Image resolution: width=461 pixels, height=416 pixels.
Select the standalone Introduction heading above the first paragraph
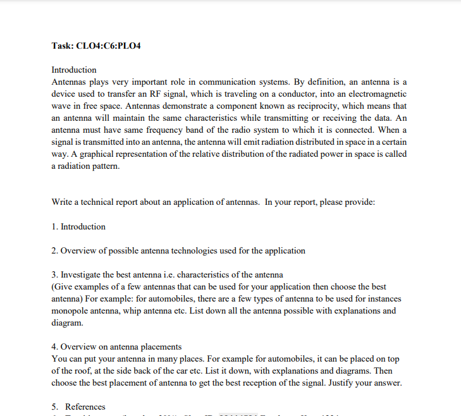point(74,70)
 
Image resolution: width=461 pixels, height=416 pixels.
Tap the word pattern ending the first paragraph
point(104,166)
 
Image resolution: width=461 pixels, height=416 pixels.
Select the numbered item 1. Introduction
point(78,226)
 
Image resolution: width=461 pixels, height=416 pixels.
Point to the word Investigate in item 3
point(82,274)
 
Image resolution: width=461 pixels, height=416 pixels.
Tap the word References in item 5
point(85,407)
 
